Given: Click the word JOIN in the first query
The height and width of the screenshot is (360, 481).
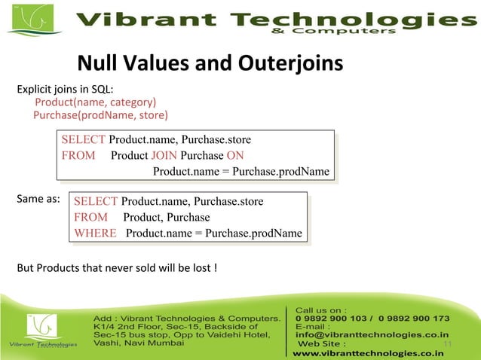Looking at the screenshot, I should click(164, 156).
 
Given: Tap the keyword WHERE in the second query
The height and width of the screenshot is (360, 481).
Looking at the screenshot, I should click(95, 233).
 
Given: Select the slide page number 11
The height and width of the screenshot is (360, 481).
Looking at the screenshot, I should click(449, 344).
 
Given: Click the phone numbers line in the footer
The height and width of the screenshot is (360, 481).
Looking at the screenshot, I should click(372, 318).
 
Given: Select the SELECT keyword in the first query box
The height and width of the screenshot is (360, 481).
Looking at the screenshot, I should click(84, 140).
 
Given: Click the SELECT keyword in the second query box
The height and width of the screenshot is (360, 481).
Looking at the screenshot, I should click(96, 201).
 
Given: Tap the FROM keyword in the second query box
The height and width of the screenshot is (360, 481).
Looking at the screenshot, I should click(90, 217).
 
